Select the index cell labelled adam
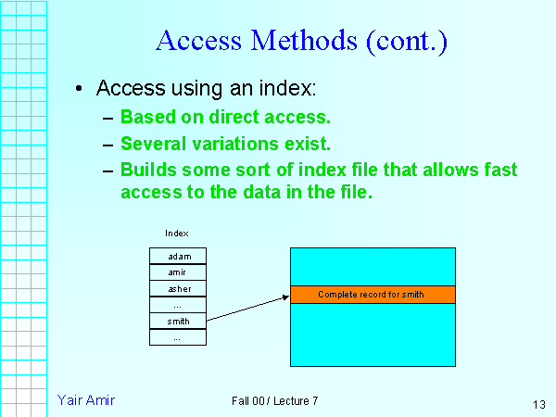point(178,256)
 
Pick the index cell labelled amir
point(178,272)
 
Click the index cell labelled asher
point(178,289)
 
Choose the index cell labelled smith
point(178,322)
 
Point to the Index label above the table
point(177,234)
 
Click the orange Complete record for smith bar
point(373,294)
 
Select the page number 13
point(539,404)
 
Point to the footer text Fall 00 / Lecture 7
point(275,400)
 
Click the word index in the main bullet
point(288,89)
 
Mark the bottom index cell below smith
point(178,338)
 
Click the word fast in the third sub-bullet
point(499,171)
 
